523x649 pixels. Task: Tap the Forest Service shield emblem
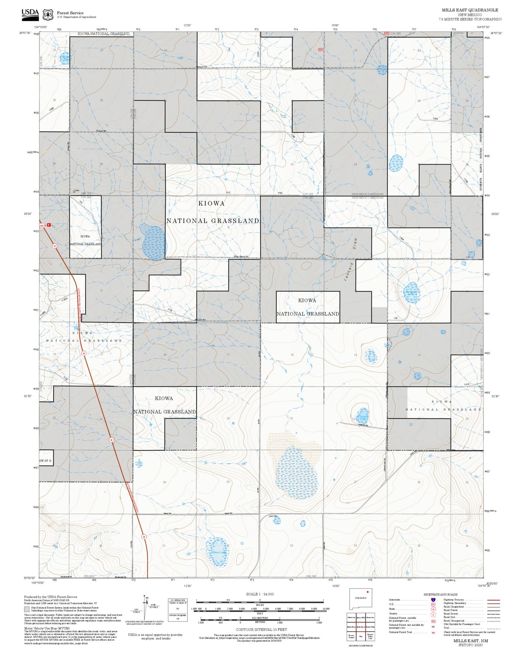click(x=48, y=14)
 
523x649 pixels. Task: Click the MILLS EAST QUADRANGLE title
click(x=469, y=10)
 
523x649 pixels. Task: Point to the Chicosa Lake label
click(x=363, y=417)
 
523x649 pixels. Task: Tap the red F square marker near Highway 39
click(x=49, y=225)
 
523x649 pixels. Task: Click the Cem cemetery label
click(x=76, y=191)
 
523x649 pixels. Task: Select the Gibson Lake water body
click(x=218, y=552)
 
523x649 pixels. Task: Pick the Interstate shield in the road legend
click(x=433, y=600)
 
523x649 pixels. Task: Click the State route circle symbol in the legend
click(x=433, y=609)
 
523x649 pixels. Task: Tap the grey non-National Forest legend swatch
click(x=27, y=609)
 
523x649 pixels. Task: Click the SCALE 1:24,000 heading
click(x=260, y=594)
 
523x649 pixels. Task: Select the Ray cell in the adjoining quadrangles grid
click(x=360, y=636)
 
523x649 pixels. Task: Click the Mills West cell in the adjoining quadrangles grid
click(x=351, y=627)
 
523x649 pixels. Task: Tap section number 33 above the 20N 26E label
click(x=291, y=546)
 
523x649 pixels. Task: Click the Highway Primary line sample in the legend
click(x=493, y=600)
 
